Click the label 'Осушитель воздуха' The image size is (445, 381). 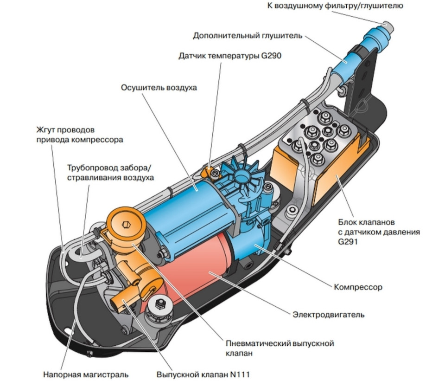coord(159,87)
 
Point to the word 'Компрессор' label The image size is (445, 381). coord(358,287)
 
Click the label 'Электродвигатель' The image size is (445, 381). coord(328,314)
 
